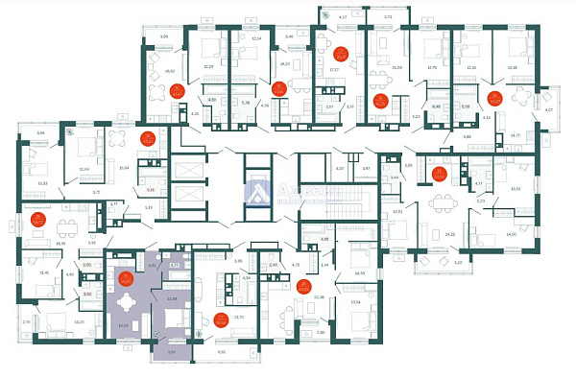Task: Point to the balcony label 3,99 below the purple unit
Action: tap(172, 353)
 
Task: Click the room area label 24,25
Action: tap(449, 234)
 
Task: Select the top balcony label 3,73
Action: tap(387, 17)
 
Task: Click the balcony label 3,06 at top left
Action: tap(163, 37)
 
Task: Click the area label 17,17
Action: tap(335, 69)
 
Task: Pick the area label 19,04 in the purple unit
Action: tap(122, 326)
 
